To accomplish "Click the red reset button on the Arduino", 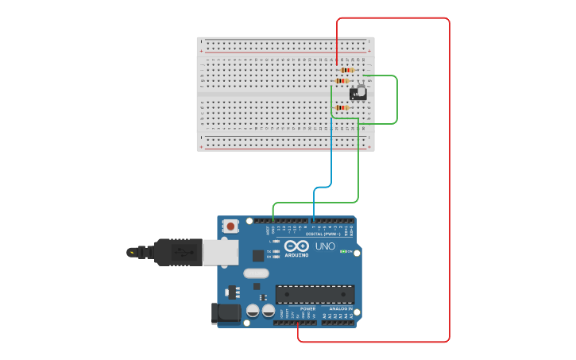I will click(x=230, y=226).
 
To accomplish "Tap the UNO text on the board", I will click(x=325, y=246).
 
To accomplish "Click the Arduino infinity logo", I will click(x=296, y=246).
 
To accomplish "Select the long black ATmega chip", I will click(x=315, y=294).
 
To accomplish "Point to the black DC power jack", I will click(x=226, y=313).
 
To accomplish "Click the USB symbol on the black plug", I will click(x=184, y=253).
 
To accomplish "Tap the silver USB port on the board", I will click(x=220, y=253).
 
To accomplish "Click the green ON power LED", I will click(x=342, y=252).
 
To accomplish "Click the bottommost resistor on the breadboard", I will click(x=342, y=107).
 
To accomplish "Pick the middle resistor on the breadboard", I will click(x=342, y=80).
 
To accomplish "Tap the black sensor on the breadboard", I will click(x=358, y=93).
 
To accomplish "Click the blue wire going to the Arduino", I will click(x=331, y=159).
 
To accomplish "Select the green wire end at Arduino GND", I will click(x=273, y=215).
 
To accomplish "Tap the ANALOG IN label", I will click(x=341, y=308).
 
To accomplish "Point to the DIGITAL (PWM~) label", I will click(x=323, y=234).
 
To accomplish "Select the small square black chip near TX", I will click(x=258, y=255).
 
